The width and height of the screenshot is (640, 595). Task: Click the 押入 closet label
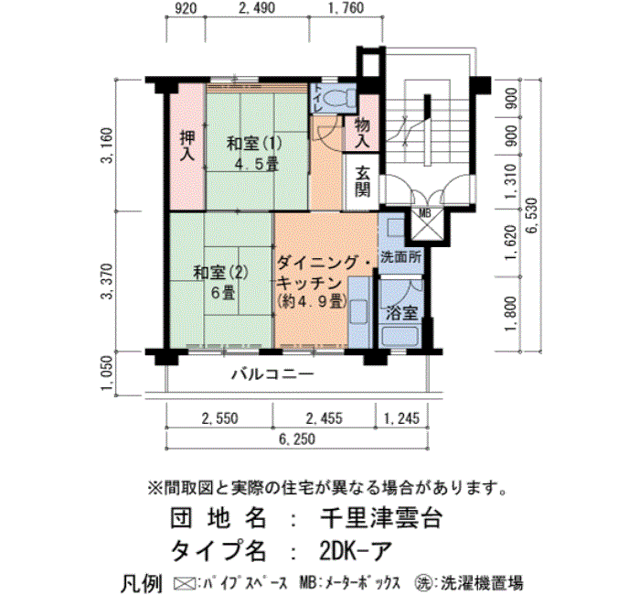187,146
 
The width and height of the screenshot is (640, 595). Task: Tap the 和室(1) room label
254,144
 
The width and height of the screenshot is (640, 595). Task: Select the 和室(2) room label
220,273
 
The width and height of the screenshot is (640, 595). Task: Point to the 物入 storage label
362,133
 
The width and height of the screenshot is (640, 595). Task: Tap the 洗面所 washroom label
400,257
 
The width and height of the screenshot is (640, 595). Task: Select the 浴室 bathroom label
401,313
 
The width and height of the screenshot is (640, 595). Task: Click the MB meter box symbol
426,224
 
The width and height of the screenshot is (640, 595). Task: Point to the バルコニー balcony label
273,374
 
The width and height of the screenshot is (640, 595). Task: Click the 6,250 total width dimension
297,438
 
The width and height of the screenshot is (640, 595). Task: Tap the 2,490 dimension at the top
257,7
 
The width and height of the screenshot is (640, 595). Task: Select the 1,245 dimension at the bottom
401,418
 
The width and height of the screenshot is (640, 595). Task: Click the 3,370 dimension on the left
107,281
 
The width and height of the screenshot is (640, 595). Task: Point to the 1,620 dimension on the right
510,243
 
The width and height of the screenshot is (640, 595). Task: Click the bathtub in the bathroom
400,336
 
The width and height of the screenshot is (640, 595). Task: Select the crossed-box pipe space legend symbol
185,583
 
